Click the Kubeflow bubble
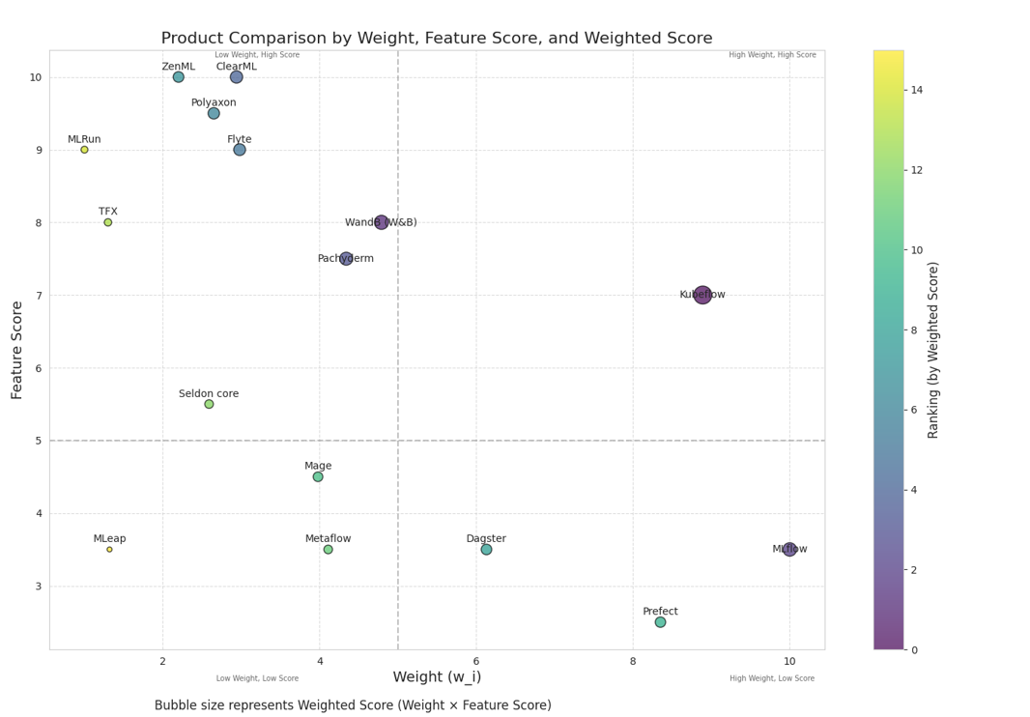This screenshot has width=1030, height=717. point(702,295)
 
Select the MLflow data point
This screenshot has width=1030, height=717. point(789,549)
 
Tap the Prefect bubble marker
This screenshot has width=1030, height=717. point(660,622)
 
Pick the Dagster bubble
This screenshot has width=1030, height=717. point(486,549)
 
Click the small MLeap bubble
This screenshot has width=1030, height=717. point(109,549)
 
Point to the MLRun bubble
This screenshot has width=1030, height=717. point(84,150)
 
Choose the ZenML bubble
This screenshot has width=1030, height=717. point(178,77)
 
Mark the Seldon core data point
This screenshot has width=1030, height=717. point(209,404)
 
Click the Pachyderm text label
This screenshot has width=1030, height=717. point(345,259)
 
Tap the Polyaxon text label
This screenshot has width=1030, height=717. point(214,102)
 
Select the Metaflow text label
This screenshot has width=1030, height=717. point(328,538)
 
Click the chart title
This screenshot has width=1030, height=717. point(437,39)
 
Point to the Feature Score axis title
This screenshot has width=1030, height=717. point(17,350)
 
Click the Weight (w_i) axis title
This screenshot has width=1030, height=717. point(437,677)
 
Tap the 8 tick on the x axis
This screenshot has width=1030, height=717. point(633,661)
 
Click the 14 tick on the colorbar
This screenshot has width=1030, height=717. point(916,90)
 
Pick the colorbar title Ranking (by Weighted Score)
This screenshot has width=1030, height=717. point(933,350)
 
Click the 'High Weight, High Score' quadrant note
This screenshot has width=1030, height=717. point(772,55)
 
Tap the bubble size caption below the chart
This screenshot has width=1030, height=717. point(353,705)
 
